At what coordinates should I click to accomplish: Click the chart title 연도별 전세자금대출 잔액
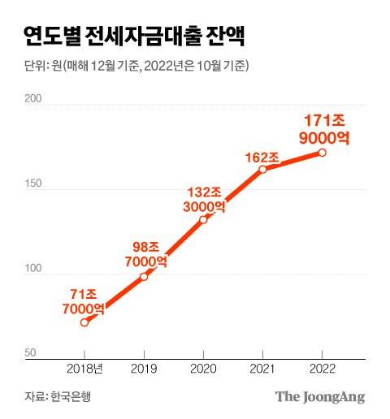(x=136, y=36)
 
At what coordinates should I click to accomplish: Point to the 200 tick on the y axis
(x=32, y=99)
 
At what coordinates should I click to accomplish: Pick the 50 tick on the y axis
(x=30, y=352)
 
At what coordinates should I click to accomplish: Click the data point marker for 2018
(x=84, y=322)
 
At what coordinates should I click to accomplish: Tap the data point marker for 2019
(x=144, y=277)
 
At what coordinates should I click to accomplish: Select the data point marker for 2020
(x=203, y=220)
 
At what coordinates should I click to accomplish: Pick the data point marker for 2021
(x=262, y=169)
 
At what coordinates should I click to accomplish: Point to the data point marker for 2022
(x=323, y=153)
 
